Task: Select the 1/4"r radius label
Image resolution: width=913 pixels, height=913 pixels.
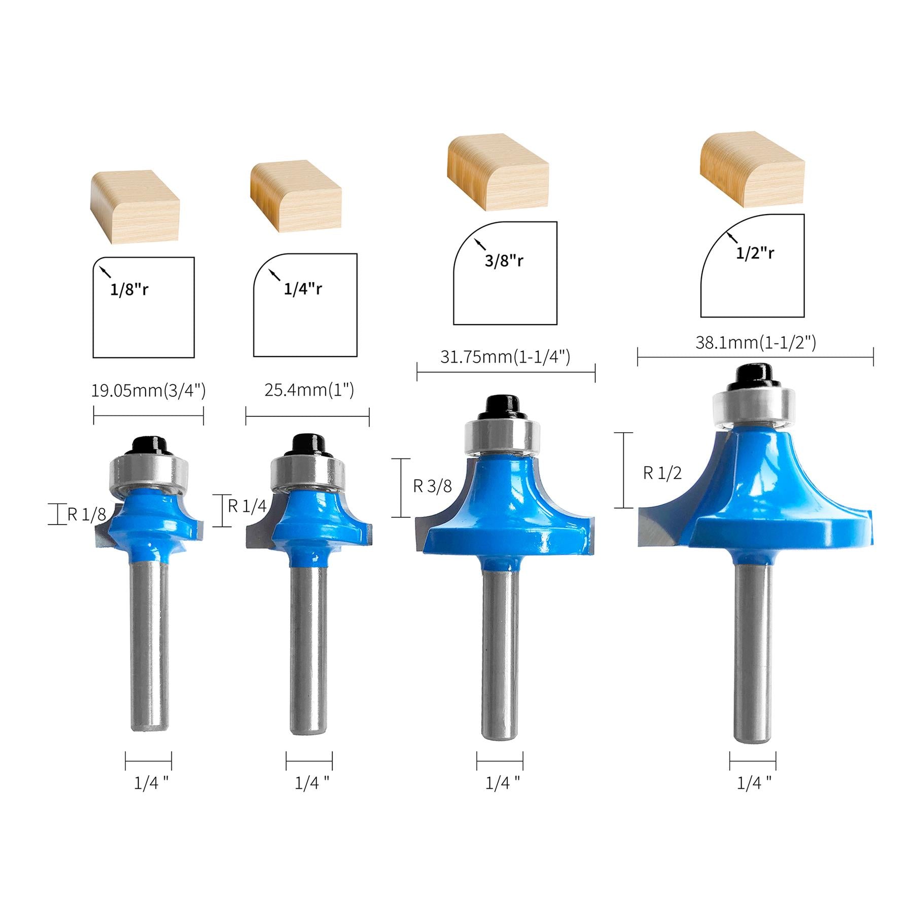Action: (x=303, y=289)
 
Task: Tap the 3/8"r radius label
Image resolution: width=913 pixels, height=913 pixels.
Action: (x=504, y=260)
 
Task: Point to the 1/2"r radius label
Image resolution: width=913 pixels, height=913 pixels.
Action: (x=755, y=253)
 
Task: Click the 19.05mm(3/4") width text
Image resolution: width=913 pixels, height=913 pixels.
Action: (x=148, y=391)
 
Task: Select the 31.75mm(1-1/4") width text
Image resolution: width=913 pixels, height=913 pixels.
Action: (x=505, y=357)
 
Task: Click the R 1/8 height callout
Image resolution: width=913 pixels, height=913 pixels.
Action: (x=87, y=515)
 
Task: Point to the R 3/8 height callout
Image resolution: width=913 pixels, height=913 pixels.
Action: (x=432, y=486)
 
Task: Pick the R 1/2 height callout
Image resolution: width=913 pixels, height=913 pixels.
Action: (x=662, y=473)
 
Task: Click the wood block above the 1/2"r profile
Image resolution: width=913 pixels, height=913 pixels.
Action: (x=752, y=170)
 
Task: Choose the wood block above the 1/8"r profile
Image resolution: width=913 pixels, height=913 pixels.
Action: (x=134, y=205)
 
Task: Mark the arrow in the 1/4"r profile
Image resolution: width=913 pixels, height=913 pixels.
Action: (x=274, y=274)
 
